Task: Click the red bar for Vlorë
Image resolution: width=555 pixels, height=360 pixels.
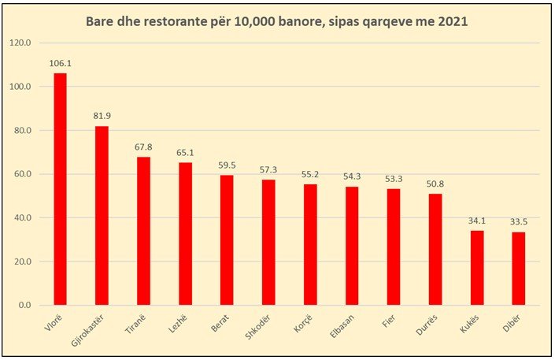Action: coord(60,189)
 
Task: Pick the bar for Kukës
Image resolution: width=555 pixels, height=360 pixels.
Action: coord(477,268)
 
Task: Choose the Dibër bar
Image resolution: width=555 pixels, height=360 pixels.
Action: coord(519,269)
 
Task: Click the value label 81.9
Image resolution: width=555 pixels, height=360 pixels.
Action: coord(102,117)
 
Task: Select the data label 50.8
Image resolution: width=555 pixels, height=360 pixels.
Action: coord(435,184)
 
